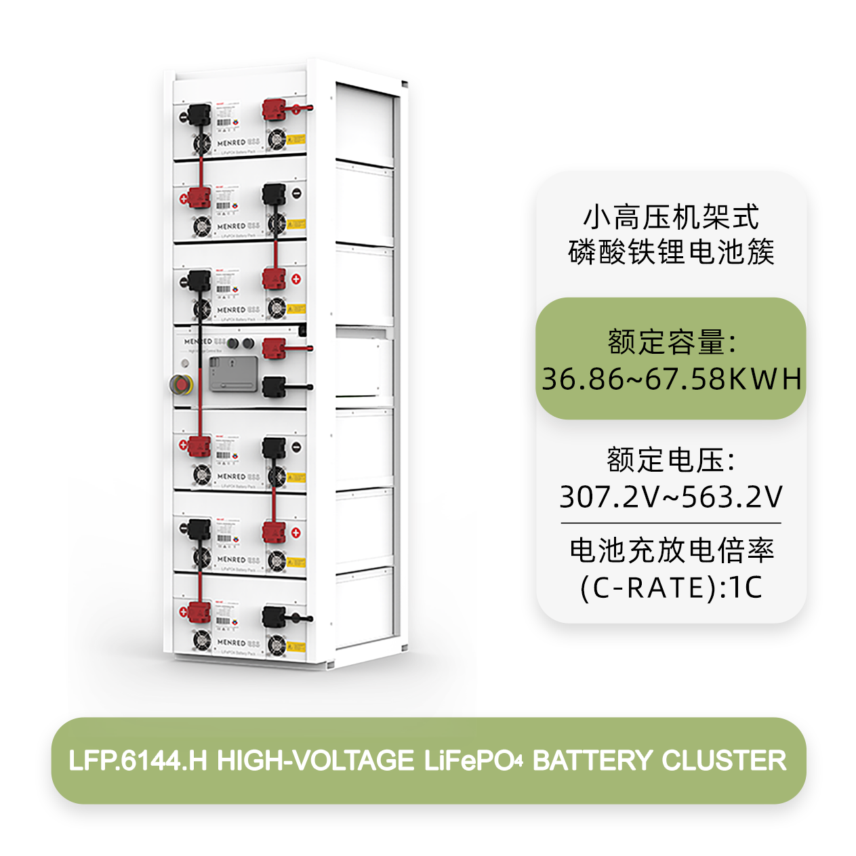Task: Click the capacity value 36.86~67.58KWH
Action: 671,378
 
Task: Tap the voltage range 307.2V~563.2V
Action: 670,497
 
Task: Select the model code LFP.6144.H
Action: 138,760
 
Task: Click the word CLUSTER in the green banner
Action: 724,760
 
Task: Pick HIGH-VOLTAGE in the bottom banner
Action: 315,760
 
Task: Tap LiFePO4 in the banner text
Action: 473,760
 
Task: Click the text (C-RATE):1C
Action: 671,587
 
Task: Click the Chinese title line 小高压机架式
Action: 671,218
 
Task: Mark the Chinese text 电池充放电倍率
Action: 671,550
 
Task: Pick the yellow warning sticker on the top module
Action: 296,140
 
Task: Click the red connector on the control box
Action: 274,348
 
